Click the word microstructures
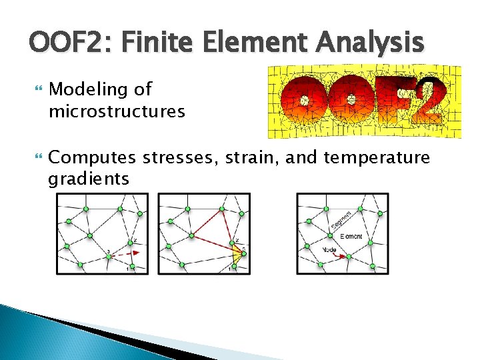pos(117,111)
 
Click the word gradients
pos(89,178)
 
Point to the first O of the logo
pos(303,101)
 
